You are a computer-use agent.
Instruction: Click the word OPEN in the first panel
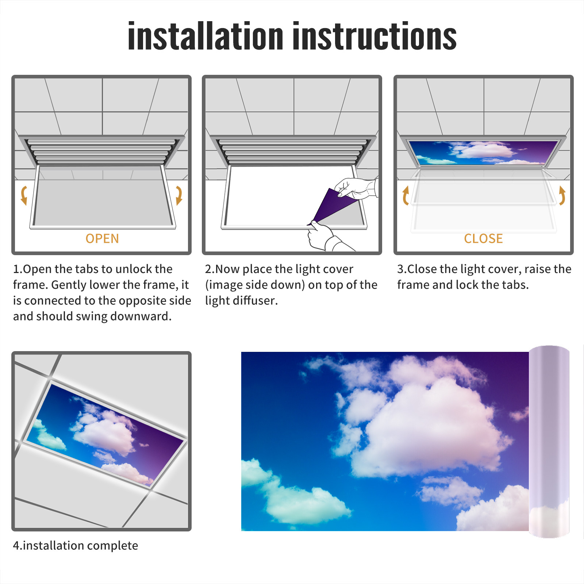click(x=102, y=239)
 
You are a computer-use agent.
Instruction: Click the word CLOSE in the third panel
click(x=483, y=239)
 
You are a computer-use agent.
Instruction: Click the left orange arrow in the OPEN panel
click(x=23, y=195)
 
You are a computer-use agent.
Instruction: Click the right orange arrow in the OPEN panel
click(x=178, y=195)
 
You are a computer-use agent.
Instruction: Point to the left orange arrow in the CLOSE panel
click(x=405, y=195)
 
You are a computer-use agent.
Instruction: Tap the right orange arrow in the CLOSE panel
click(x=562, y=195)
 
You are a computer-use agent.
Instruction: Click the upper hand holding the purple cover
click(x=356, y=188)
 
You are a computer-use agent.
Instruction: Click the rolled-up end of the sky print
click(x=549, y=442)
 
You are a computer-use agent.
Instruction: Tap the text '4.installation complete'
click(x=76, y=546)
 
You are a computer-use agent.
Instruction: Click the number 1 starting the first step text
click(x=16, y=269)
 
